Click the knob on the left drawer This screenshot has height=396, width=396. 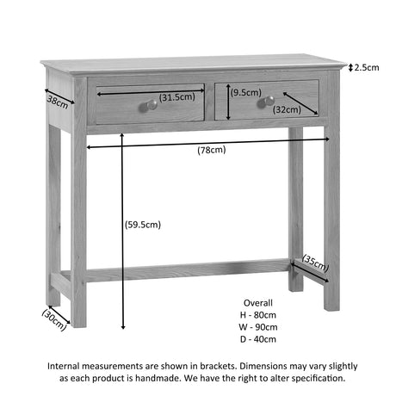tap(148, 106)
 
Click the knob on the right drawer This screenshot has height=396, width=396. tap(266, 102)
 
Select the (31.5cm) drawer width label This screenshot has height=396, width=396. tap(177, 97)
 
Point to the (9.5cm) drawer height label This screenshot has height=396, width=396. tap(246, 92)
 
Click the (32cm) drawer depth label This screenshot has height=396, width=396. tap(287, 109)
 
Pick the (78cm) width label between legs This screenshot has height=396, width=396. tap(212, 150)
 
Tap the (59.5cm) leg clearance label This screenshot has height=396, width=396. tap(143, 225)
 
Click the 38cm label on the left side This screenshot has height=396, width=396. tap(58, 102)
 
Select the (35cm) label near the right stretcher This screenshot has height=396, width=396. tap(315, 263)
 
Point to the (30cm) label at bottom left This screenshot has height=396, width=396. tap(54, 319)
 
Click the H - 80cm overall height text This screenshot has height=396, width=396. tap(258, 315)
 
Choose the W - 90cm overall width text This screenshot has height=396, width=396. tap(258, 327)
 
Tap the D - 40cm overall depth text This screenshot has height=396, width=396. tap(258, 339)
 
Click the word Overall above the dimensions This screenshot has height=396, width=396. tap(258, 303)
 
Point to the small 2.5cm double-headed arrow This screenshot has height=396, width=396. tap(350, 68)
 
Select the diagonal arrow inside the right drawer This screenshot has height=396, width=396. tap(300, 103)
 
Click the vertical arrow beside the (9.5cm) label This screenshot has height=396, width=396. tap(228, 102)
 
